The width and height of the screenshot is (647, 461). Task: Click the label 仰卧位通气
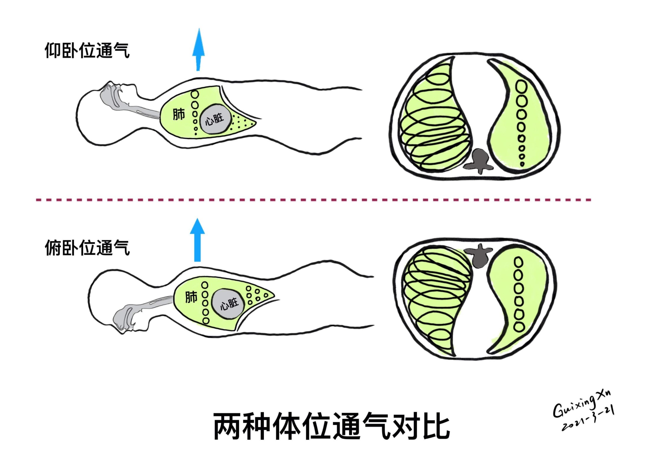coord(87,50)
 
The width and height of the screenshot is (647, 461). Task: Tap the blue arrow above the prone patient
coord(197,240)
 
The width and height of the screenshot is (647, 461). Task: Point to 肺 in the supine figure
coord(179,114)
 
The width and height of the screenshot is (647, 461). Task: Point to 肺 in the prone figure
coord(191,297)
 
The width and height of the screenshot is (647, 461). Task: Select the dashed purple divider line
coord(313,200)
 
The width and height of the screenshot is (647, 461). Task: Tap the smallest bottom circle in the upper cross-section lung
coord(522,164)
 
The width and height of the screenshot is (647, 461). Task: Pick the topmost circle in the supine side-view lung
coord(195,95)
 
